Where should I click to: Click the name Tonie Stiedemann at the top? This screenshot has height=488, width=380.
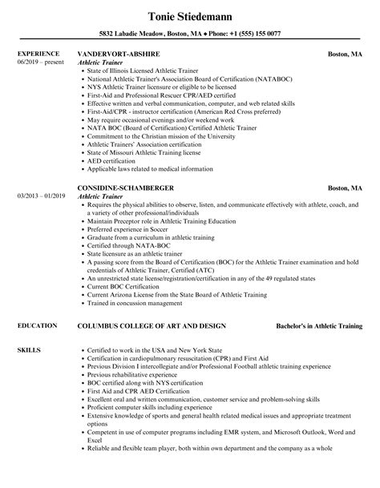pyautogui.click(x=190, y=15)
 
